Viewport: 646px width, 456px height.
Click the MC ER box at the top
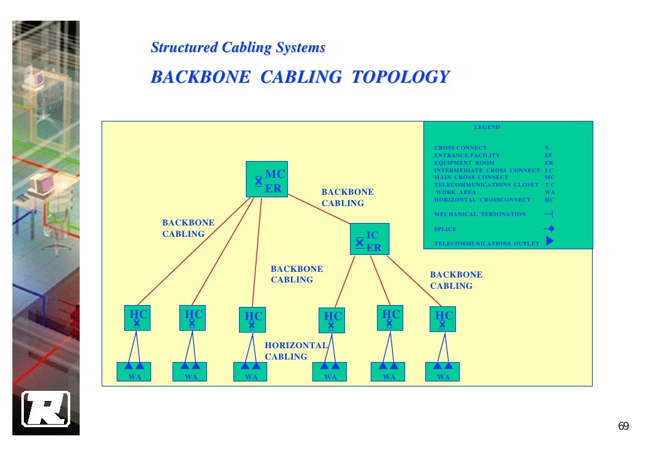[x=267, y=180]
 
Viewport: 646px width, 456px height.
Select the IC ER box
[x=369, y=239]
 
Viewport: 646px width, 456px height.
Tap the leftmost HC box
[x=137, y=318]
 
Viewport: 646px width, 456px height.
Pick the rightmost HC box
[x=443, y=319]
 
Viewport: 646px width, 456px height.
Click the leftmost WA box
[x=134, y=371]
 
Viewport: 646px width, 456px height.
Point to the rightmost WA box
[x=443, y=371]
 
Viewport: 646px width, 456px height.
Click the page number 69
[x=623, y=427]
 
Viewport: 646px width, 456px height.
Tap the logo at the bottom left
[x=46, y=409]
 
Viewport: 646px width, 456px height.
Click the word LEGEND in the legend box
[x=487, y=127]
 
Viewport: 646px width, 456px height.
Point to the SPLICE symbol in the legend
[x=549, y=229]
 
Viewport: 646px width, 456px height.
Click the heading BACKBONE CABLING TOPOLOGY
[x=300, y=77]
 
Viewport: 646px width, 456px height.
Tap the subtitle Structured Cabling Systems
[x=238, y=48]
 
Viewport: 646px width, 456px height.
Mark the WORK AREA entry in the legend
[x=456, y=192]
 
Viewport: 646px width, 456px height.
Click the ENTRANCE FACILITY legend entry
[x=467, y=155]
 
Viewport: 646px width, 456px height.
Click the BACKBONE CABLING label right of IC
[x=456, y=280]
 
